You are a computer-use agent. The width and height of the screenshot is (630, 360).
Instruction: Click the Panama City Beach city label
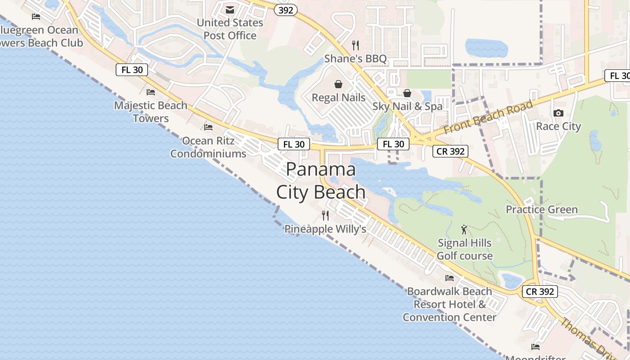click(321, 180)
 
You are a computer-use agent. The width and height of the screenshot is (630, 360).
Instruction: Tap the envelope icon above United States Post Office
click(230, 10)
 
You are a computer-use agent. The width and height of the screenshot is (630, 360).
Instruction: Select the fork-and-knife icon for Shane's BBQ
click(355, 45)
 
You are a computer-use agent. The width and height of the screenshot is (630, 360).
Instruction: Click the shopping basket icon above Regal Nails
click(338, 84)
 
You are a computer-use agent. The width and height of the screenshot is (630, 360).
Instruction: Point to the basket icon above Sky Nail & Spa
click(407, 93)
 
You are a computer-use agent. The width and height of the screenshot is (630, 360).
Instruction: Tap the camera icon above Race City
click(558, 113)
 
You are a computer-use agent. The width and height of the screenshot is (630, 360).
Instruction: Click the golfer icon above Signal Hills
click(464, 229)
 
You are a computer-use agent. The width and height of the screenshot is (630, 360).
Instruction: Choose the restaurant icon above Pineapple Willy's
click(325, 216)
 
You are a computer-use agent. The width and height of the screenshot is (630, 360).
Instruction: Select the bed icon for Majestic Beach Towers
click(151, 92)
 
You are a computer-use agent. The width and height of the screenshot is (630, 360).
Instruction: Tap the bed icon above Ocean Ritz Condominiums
click(208, 127)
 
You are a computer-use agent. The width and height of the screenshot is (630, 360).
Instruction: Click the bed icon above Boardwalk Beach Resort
click(450, 278)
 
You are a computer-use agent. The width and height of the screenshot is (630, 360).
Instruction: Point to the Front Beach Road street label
click(488, 117)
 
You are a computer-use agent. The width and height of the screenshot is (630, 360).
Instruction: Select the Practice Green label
click(542, 209)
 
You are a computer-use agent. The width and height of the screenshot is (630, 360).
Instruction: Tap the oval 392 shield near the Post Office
click(286, 10)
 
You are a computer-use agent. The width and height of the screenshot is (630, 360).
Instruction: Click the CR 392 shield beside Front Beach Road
click(450, 151)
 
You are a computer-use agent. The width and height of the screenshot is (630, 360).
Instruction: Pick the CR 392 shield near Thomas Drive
click(540, 292)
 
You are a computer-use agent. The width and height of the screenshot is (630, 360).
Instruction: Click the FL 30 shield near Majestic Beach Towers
click(132, 70)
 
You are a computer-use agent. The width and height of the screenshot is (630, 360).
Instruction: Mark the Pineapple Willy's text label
click(325, 229)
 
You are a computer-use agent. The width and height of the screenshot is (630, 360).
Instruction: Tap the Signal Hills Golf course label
click(465, 249)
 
